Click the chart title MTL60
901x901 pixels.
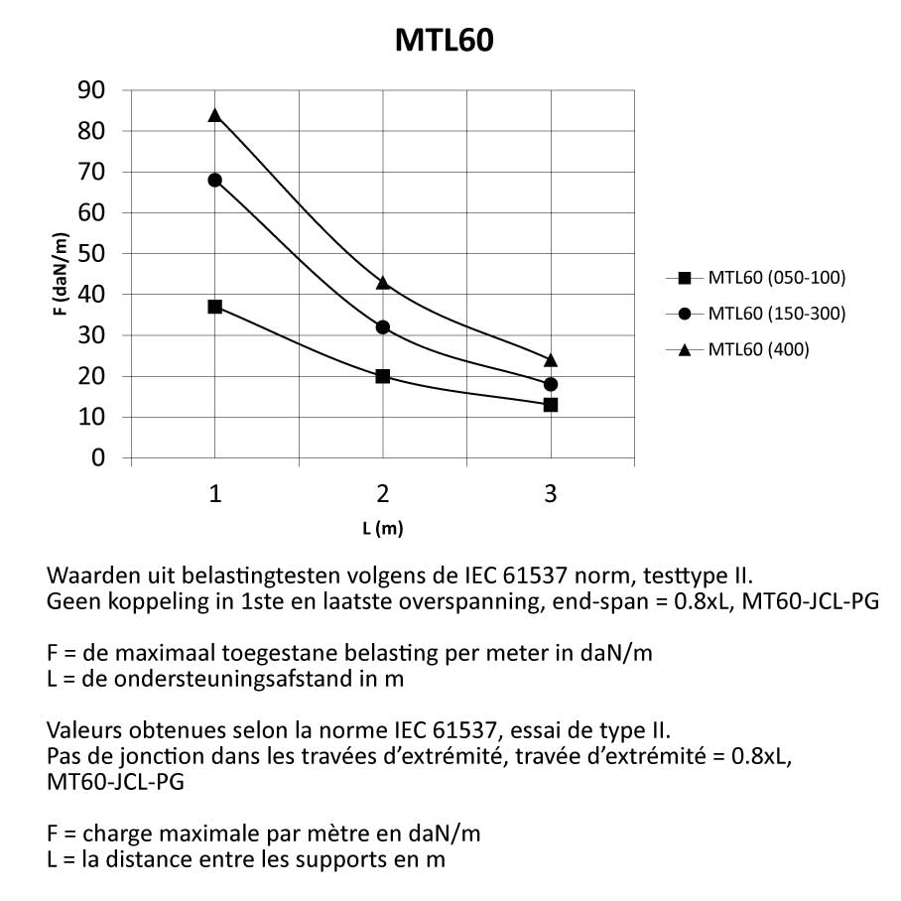point(444,40)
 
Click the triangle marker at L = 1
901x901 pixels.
point(214,115)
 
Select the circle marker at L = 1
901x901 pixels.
point(214,180)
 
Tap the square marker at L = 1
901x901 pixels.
point(214,307)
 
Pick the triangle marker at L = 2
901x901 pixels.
point(383,283)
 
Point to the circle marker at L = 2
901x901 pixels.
point(383,326)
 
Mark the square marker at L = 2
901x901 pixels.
point(383,376)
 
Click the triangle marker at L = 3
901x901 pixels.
point(551,359)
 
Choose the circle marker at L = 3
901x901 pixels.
point(551,384)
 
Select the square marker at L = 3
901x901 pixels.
point(551,404)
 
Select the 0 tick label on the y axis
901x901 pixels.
point(97,457)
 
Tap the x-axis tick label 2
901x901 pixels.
point(383,494)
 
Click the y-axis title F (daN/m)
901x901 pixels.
point(62,274)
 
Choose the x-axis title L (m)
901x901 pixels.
point(383,528)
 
